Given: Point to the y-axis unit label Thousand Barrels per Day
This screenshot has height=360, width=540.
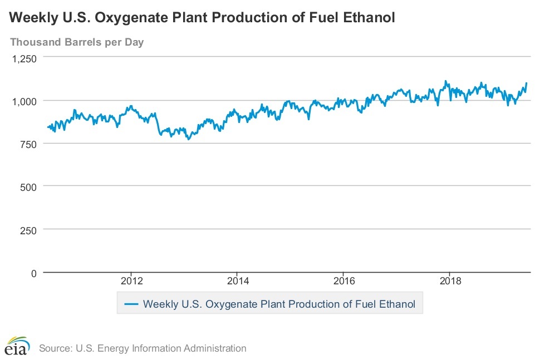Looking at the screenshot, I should (77, 42).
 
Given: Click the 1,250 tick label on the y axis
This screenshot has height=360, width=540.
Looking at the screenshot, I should (24, 58).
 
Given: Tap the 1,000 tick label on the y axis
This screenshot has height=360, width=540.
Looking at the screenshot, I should (24, 101).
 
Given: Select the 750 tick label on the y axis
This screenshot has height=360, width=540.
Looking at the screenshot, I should (28, 144).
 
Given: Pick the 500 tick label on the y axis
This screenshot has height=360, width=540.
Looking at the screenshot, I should (28, 186).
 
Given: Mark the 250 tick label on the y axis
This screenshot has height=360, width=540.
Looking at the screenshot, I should (28, 229).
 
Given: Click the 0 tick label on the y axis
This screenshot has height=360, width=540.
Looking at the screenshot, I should (33, 273).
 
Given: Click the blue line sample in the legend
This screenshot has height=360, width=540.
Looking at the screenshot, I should (131, 304).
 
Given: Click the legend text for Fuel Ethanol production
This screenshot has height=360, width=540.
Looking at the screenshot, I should (279, 304).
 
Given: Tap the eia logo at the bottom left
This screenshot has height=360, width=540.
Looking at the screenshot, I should (17, 346).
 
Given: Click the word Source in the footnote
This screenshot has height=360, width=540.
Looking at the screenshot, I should (53, 348).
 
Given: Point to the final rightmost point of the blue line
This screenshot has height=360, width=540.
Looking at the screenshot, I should (527, 83).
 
